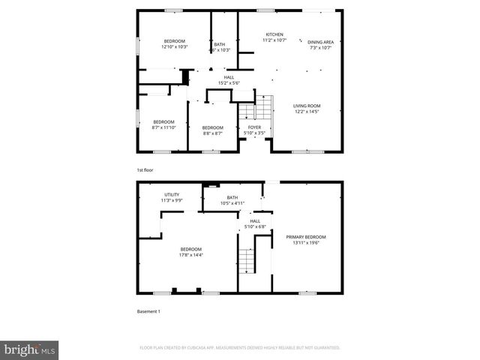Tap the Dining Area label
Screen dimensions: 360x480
pyautogui.click(x=320, y=42)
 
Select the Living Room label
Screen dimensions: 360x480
pyautogui.click(x=306, y=106)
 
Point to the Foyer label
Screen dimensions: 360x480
pyautogui.click(x=254, y=127)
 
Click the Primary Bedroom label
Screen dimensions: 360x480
pyautogui.click(x=305, y=237)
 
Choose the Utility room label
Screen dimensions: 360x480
pyautogui.click(x=172, y=194)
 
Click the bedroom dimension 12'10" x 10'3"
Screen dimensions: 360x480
pyautogui.click(x=174, y=47)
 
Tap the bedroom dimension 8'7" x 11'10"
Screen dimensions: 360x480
pyautogui.click(x=163, y=127)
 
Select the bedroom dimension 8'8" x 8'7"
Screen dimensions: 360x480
pyautogui.click(x=212, y=133)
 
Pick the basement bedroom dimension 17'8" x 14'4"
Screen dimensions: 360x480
pyautogui.click(x=190, y=255)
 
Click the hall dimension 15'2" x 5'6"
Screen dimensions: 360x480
pyautogui.click(x=229, y=82)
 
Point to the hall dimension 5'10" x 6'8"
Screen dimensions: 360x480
pyautogui.click(x=255, y=226)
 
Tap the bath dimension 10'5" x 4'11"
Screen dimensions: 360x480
pyautogui.click(x=232, y=203)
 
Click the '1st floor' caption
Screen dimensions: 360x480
pyautogui.click(x=145, y=170)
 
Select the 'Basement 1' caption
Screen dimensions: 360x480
pyautogui.click(x=148, y=310)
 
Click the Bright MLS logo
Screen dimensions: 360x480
pyautogui.click(x=30, y=349)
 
